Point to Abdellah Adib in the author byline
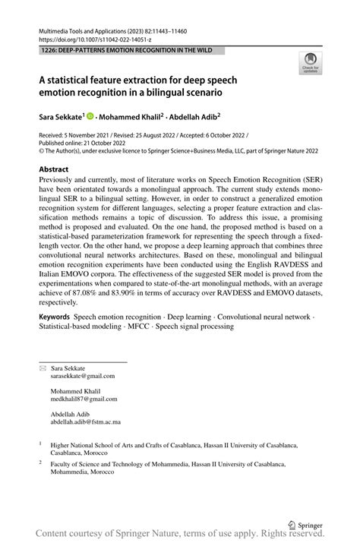click(194, 117)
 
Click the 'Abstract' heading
click(54, 169)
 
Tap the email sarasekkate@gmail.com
click(83, 375)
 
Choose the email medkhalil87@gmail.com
click(84, 398)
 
